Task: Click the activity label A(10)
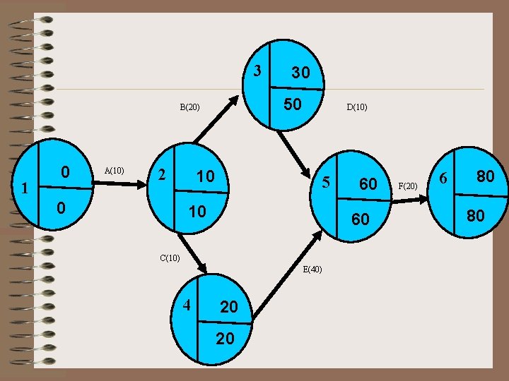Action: click(114, 170)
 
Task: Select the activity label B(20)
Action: click(189, 108)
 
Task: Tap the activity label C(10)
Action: click(169, 258)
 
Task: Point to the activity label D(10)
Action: click(356, 108)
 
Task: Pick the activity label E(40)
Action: click(312, 269)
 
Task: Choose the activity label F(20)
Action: click(408, 186)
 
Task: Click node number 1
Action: click(24, 188)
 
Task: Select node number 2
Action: click(162, 174)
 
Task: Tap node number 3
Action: click(258, 71)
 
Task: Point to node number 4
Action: click(187, 306)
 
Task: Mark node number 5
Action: click(326, 182)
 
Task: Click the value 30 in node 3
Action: click(300, 73)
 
